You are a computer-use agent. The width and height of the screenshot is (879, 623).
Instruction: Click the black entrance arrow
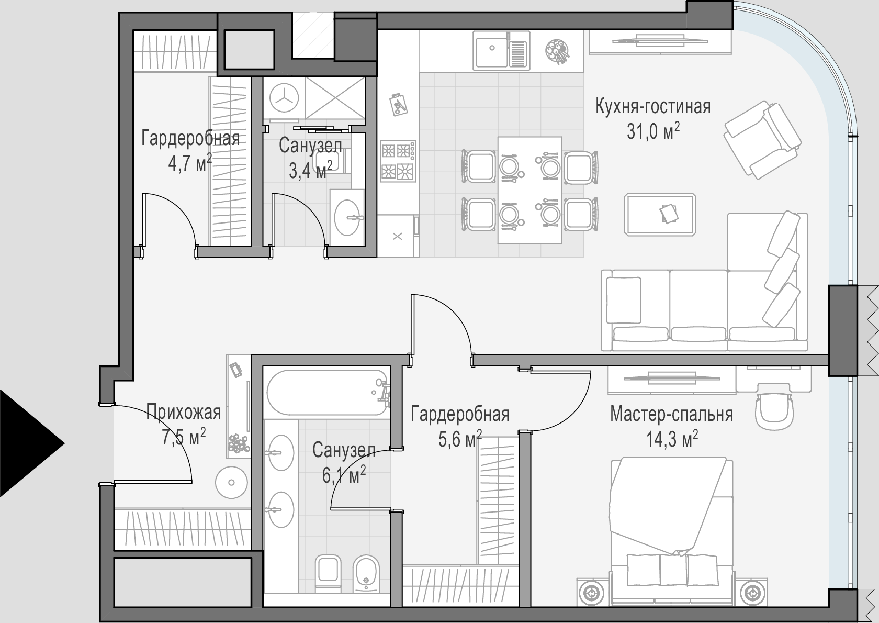[x=27, y=443]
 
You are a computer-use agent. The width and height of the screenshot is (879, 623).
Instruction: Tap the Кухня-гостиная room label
[x=653, y=107]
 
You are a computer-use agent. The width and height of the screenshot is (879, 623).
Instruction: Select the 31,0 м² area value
[x=653, y=131]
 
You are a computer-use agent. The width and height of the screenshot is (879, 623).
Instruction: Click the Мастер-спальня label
[x=671, y=414]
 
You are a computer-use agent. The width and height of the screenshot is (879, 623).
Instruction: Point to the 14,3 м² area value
[x=672, y=439]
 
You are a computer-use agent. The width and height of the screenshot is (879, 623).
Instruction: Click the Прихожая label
[x=183, y=412]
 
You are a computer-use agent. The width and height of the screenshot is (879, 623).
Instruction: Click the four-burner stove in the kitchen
[x=398, y=161]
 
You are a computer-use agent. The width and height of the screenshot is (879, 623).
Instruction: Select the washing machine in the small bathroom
[x=284, y=98]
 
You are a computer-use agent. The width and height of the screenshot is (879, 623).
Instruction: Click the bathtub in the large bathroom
[x=326, y=393]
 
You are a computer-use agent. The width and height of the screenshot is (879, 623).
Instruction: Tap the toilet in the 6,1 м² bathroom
[x=328, y=573]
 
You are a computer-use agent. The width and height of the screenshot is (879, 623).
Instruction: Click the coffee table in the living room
[x=660, y=214]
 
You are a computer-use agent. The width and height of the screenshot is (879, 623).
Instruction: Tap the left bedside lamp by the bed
[x=592, y=593]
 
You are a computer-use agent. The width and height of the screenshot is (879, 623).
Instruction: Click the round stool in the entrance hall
[x=231, y=483]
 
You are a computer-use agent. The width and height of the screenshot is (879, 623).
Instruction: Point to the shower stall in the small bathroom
[x=335, y=98]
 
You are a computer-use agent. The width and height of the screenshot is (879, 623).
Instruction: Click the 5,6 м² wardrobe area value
[x=460, y=439]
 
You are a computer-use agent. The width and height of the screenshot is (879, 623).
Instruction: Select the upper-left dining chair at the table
[x=479, y=166]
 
